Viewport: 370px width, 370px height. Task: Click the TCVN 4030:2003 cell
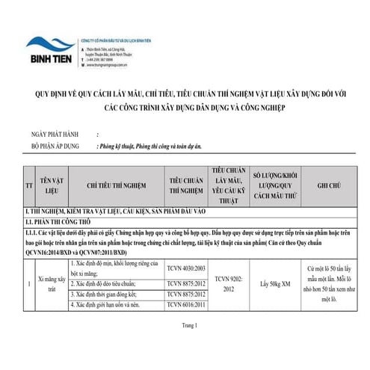coord(186,267)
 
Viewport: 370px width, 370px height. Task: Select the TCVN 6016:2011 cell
coord(186,305)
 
